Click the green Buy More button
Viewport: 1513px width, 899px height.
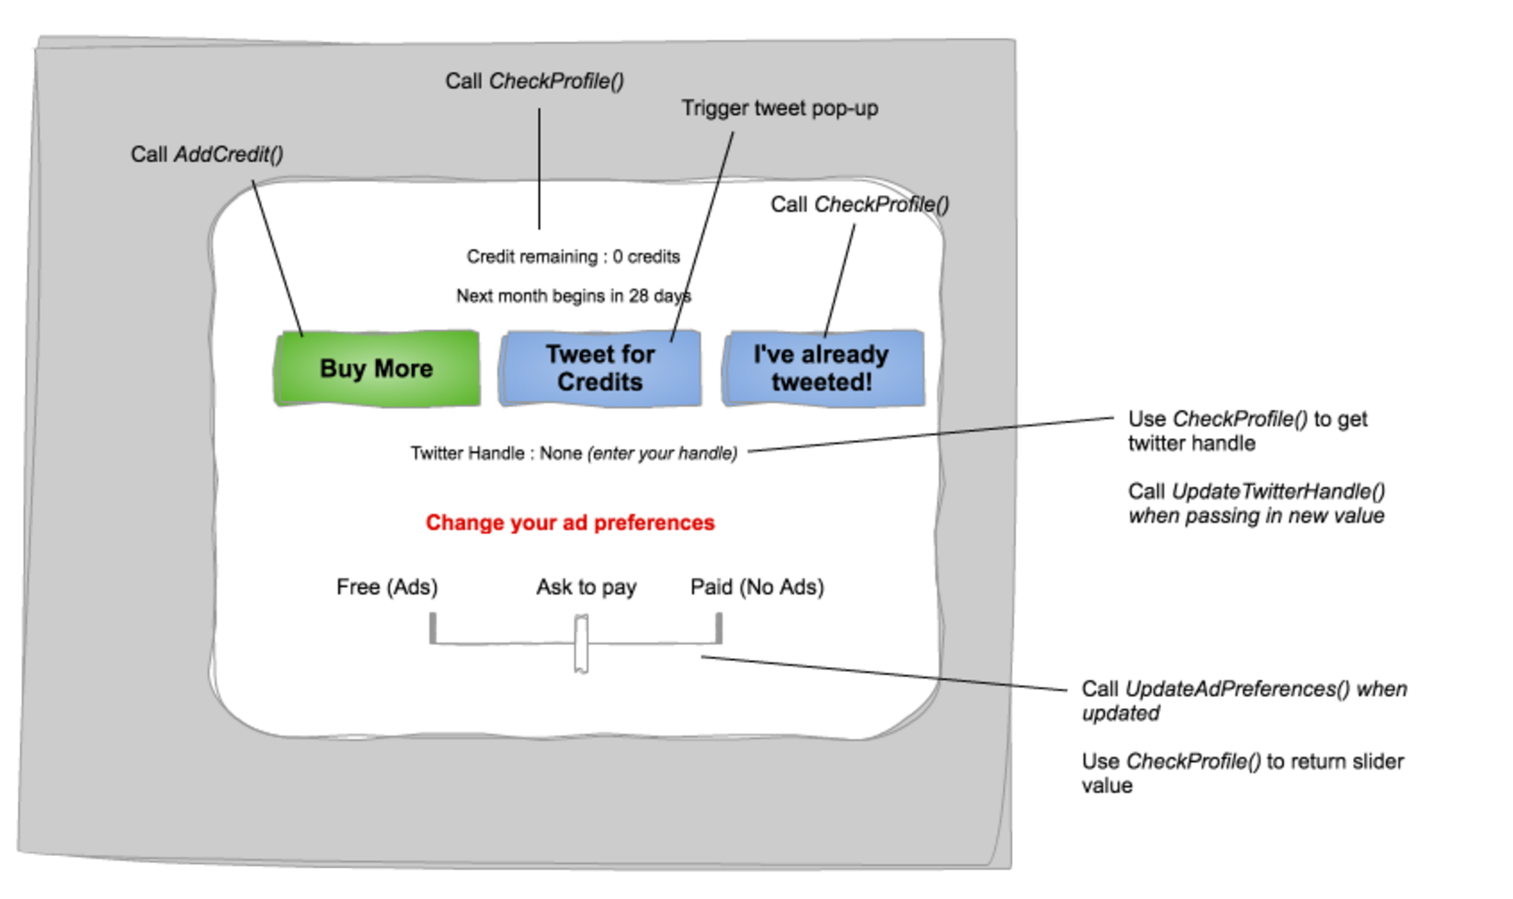coord(377,369)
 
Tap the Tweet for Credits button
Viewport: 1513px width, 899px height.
coord(599,369)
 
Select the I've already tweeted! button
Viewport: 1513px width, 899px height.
coord(823,369)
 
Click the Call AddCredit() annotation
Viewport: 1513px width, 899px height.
coord(207,154)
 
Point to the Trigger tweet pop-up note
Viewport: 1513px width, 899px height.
coord(779,108)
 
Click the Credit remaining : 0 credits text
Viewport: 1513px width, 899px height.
coord(573,256)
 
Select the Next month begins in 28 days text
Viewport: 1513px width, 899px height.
coord(573,296)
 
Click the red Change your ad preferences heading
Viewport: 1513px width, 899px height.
coord(570,523)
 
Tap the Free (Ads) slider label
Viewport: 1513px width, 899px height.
coord(387,587)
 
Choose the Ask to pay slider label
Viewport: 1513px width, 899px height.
coord(586,587)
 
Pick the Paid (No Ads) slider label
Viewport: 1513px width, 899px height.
coord(756,587)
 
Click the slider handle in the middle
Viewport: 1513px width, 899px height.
coord(581,644)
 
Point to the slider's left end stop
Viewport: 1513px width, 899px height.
coord(433,629)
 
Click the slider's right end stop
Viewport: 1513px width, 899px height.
coord(719,629)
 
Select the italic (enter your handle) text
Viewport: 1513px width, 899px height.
coord(663,453)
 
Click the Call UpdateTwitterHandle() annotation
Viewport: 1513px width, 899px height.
coord(1256,504)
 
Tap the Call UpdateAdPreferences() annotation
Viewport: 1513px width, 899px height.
coord(1243,700)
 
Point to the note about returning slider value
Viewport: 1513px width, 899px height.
coord(1242,773)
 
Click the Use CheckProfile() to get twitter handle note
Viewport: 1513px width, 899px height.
coord(1246,431)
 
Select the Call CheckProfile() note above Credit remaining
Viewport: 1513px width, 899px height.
coord(534,82)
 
